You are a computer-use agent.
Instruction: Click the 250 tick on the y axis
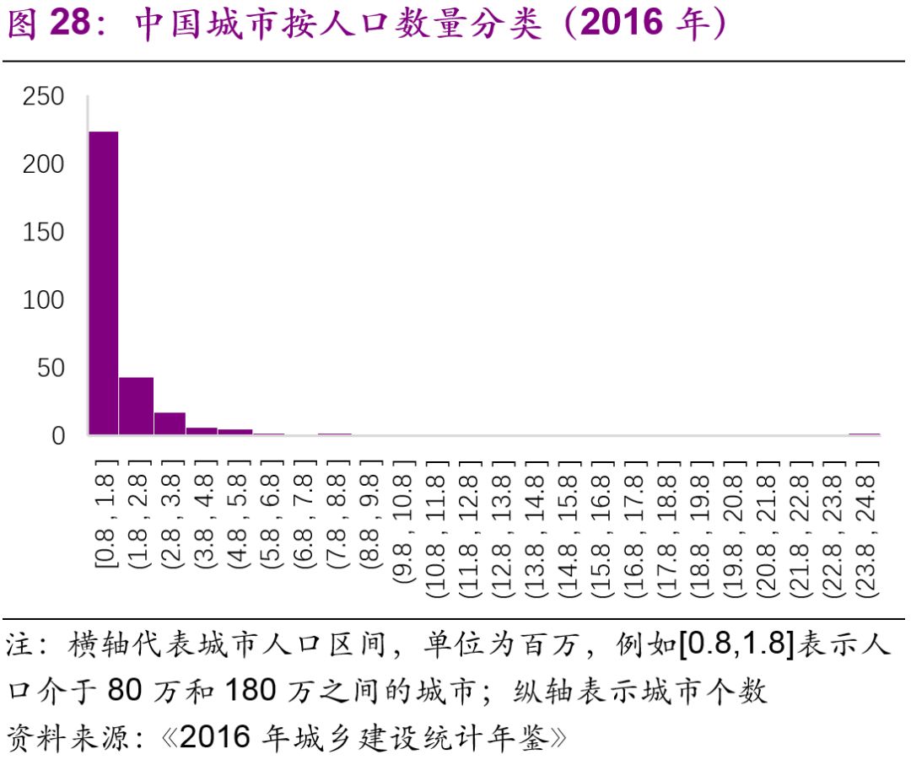coord(44,97)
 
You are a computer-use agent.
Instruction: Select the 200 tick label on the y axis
coord(44,164)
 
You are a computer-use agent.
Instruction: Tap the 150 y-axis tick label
coord(44,232)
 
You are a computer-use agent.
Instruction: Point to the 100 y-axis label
coord(44,300)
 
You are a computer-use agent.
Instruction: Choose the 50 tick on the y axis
coord(51,368)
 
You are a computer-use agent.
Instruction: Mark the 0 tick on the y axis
coord(58,435)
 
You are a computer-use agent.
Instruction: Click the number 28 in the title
coord(69,25)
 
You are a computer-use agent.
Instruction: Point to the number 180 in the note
coord(251,692)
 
